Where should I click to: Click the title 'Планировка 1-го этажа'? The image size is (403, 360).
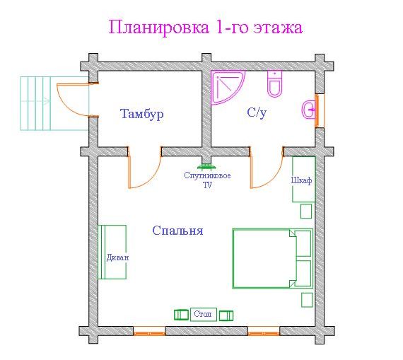(x=206, y=28)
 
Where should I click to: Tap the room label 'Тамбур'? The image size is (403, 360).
(x=142, y=114)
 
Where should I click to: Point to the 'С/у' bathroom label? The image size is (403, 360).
(x=257, y=112)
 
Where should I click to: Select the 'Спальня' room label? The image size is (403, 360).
(x=177, y=231)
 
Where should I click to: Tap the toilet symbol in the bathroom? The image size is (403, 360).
(x=275, y=83)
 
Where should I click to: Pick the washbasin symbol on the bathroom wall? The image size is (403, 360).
(x=309, y=110)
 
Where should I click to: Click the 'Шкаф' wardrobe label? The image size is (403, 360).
(x=301, y=180)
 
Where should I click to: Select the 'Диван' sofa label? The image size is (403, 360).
(x=117, y=257)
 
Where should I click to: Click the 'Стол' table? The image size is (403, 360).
(x=204, y=314)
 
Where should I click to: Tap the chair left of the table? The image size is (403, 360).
(x=181, y=315)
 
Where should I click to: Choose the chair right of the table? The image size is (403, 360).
(x=226, y=315)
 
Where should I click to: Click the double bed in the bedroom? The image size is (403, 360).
(x=273, y=258)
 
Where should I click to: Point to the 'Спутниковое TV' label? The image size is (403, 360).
(x=207, y=180)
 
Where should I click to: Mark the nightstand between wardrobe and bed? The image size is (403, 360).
(x=306, y=211)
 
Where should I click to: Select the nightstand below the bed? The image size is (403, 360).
(x=307, y=300)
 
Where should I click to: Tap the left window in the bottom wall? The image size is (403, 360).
(x=149, y=331)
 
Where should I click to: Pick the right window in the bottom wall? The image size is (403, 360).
(x=264, y=331)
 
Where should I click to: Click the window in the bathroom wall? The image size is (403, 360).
(x=320, y=110)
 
